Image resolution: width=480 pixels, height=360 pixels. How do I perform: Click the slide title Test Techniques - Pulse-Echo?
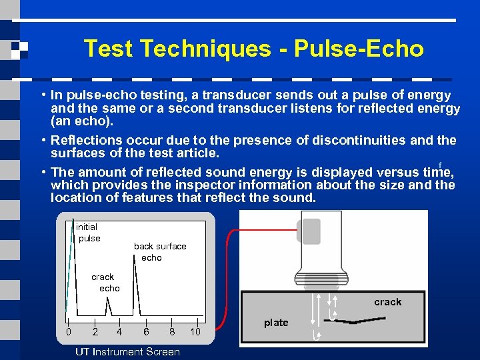point(253,49)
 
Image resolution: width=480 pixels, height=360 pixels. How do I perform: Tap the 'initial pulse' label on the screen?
point(87,233)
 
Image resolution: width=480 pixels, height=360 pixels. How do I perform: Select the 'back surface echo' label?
point(160,251)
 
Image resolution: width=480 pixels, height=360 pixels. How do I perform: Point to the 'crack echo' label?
point(104,282)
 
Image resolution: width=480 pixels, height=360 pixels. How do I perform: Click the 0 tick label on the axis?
point(68,332)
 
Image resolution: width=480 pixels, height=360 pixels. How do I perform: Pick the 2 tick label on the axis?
point(95,332)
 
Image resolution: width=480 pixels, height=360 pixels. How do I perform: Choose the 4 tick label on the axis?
point(119,332)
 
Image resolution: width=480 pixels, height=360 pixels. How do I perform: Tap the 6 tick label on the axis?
point(146,332)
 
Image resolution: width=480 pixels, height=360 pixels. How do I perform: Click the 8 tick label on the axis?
point(171,332)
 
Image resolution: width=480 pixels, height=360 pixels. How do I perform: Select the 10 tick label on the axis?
point(195,332)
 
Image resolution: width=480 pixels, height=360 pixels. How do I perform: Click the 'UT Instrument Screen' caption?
point(127,351)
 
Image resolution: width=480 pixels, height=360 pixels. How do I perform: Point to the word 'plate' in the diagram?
point(276,323)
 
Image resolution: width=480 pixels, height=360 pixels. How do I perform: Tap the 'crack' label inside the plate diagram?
point(387,302)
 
